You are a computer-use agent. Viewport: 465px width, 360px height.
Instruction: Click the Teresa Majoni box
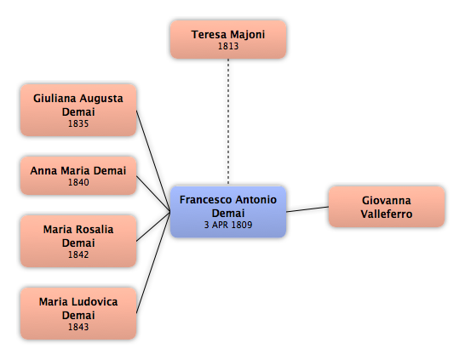(x=228, y=39)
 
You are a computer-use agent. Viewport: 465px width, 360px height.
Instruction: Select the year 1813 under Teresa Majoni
(x=228, y=46)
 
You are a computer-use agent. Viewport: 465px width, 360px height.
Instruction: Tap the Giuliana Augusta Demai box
(x=78, y=111)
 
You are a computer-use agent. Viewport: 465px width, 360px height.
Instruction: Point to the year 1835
(x=78, y=123)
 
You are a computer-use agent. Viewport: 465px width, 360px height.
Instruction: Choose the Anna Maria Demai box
(x=78, y=175)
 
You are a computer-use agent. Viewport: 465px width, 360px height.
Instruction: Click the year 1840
(x=78, y=182)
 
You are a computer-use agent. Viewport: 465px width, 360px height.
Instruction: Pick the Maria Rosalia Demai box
(x=78, y=241)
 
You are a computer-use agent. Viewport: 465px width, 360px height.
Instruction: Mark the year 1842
(x=78, y=254)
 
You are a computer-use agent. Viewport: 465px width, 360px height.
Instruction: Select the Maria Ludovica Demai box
(x=78, y=313)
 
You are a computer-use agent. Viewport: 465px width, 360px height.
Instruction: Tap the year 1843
(x=78, y=327)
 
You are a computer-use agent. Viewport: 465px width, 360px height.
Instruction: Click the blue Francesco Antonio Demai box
(x=228, y=212)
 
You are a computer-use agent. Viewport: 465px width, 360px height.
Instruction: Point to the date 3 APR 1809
(x=228, y=225)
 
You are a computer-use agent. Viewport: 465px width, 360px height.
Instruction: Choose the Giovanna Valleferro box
(x=387, y=207)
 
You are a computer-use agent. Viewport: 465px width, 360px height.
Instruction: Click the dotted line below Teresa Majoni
(x=228, y=122)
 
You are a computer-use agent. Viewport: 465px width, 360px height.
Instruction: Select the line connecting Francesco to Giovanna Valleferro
(x=307, y=209)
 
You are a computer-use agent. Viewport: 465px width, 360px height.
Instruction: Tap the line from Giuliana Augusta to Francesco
(x=153, y=161)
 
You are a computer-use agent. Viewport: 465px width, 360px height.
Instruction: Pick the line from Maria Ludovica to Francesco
(x=153, y=262)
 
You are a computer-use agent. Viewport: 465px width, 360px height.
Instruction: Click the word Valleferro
(x=387, y=214)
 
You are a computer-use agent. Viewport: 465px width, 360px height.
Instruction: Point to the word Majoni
(x=247, y=35)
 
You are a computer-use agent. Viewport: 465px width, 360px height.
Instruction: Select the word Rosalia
(x=95, y=230)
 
